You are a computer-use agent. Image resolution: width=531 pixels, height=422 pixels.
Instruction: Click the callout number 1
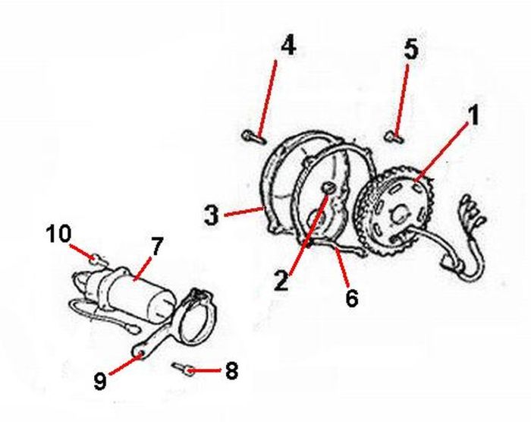click(x=473, y=116)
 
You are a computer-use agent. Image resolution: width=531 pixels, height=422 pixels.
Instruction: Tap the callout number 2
click(x=282, y=280)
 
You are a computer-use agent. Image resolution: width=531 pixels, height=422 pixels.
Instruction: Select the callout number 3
click(x=212, y=215)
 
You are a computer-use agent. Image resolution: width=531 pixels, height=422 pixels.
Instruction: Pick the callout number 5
click(x=410, y=50)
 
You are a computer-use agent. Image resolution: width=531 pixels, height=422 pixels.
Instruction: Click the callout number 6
click(x=350, y=297)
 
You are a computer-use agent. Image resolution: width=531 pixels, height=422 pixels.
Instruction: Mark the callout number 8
click(x=231, y=371)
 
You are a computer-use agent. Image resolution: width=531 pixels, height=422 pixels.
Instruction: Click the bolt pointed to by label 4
click(x=253, y=137)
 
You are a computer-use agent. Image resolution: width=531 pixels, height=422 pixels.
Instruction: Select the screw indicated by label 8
click(x=184, y=369)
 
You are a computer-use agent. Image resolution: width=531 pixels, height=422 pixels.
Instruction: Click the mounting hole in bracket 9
click(x=141, y=351)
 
